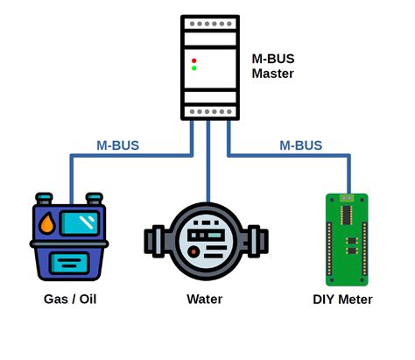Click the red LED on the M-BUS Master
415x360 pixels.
[x=194, y=60]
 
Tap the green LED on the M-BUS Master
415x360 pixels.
[x=194, y=68]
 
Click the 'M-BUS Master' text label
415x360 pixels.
[x=272, y=66]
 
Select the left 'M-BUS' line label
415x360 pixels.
[x=117, y=145]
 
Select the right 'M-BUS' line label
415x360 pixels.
[x=300, y=145]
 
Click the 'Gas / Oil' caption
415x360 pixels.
[x=69, y=300]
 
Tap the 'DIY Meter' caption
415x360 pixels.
[x=342, y=300]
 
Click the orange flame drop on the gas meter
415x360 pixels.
[x=46, y=223]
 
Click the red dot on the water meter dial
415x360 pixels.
[x=193, y=252]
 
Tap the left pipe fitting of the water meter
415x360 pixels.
[x=154, y=239]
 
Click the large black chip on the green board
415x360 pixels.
[x=347, y=215]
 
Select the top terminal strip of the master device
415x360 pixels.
[x=209, y=23]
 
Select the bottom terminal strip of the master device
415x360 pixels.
[x=209, y=111]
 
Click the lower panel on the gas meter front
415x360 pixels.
[x=68, y=261]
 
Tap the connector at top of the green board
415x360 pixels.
[x=349, y=198]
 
